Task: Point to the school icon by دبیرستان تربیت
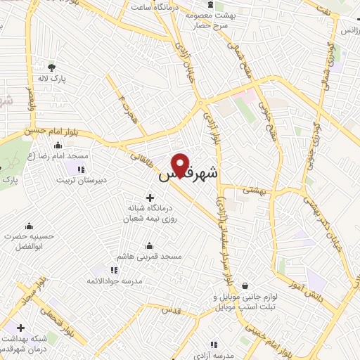coord(80,169)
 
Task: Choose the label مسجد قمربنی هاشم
coord(149,257)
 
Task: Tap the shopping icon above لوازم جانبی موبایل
coord(243,285)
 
